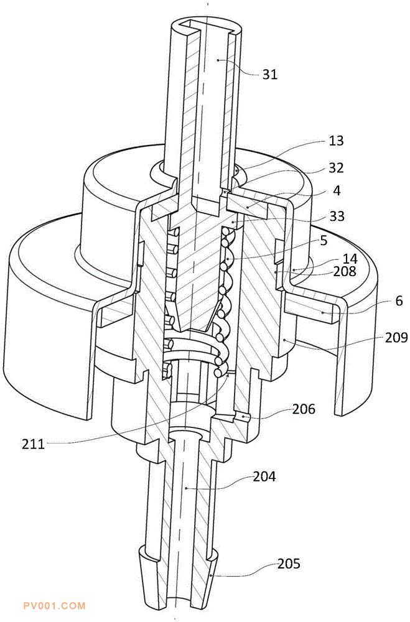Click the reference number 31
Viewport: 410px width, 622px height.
[270, 74]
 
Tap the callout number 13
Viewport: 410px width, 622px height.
[336, 141]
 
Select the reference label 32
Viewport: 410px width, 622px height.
[336, 168]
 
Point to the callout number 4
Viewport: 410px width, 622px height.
[337, 191]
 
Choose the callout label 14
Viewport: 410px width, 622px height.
[350, 259]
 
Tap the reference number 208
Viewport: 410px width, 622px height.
[345, 271]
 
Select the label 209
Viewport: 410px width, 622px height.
[396, 337]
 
